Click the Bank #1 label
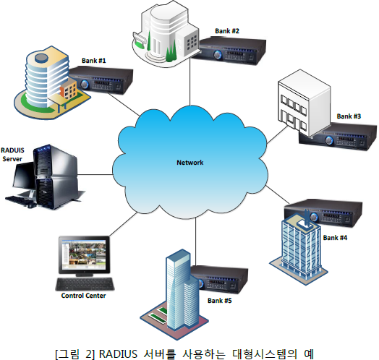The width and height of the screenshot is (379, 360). [x=94, y=61]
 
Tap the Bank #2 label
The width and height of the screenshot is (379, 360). [x=227, y=31]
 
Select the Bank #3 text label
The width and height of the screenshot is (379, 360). [x=349, y=116]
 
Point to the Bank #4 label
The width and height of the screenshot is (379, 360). [x=335, y=238]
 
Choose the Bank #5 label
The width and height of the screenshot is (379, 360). [x=219, y=301]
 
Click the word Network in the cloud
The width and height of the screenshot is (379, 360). [x=190, y=163]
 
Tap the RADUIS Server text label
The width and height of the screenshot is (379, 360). [x=12, y=155]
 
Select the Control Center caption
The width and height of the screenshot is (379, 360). [x=83, y=296]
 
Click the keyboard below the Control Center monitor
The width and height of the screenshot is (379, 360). [x=85, y=284]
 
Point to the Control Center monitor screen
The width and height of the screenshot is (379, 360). [x=84, y=254]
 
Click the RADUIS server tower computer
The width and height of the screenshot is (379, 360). [x=58, y=176]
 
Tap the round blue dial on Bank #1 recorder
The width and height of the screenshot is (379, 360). [x=85, y=84]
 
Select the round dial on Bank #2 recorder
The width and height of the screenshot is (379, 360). [x=218, y=55]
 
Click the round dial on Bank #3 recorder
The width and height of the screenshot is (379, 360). [x=328, y=140]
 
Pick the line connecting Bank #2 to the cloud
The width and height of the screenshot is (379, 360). [x=190, y=82]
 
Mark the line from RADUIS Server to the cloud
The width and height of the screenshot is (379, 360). [x=95, y=174]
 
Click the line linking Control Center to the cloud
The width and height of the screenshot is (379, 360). [x=123, y=224]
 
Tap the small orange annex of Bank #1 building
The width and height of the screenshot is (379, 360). [x=69, y=89]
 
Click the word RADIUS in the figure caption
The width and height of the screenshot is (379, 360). [x=118, y=354]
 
